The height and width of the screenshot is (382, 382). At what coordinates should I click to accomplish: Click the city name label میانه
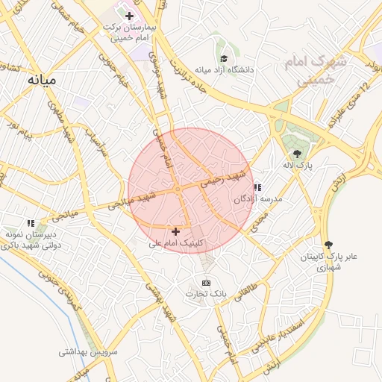[x=42, y=78]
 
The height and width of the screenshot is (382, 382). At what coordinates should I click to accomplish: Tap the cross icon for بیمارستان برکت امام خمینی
[x=129, y=16]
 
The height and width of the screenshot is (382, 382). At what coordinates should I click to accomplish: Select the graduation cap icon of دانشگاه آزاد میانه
[x=224, y=58]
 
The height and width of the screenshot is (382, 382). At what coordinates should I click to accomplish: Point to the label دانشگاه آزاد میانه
[x=224, y=70]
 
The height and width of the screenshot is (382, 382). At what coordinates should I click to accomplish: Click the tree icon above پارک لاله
[x=298, y=153]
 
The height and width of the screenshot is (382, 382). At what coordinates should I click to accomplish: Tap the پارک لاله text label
[x=298, y=164]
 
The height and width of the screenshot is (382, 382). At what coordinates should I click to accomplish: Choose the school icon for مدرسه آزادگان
[x=257, y=188]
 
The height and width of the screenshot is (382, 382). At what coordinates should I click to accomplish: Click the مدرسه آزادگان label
[x=257, y=200]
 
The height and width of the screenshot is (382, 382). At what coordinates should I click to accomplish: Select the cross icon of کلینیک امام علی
[x=175, y=232]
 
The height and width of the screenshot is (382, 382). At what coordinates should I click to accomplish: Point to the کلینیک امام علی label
[x=176, y=243]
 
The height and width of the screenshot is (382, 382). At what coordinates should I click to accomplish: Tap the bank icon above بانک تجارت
[x=207, y=283]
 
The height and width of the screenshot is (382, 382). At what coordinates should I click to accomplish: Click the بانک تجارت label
[x=207, y=294]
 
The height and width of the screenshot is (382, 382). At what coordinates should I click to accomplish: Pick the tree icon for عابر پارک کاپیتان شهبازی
[x=328, y=245]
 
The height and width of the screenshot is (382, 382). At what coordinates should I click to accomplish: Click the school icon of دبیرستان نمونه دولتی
[x=31, y=222]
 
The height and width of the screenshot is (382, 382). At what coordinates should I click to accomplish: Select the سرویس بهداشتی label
[x=84, y=350]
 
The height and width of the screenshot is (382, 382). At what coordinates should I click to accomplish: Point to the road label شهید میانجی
[x=131, y=199]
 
